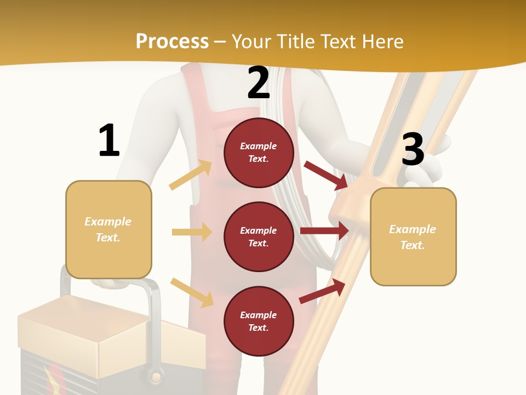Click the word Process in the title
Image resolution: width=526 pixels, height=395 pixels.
pyautogui.click(x=172, y=42)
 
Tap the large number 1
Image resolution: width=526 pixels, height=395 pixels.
pyautogui.click(x=109, y=140)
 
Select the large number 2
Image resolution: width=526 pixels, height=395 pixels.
pyautogui.click(x=259, y=83)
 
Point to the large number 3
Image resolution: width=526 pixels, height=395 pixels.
pyautogui.click(x=413, y=149)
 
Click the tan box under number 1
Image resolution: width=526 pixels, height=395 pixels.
pyautogui.click(x=108, y=229)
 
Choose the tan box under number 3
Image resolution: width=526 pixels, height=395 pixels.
pyautogui.click(x=413, y=237)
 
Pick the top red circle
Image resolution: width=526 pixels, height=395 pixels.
pyautogui.click(x=259, y=153)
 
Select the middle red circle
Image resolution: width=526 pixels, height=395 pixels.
pyautogui.click(x=259, y=237)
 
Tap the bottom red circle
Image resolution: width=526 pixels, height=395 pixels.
pyautogui.click(x=259, y=321)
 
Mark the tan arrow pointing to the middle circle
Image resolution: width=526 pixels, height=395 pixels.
pyautogui.click(x=192, y=232)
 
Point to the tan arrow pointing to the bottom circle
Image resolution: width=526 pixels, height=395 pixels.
pyautogui.click(x=192, y=292)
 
